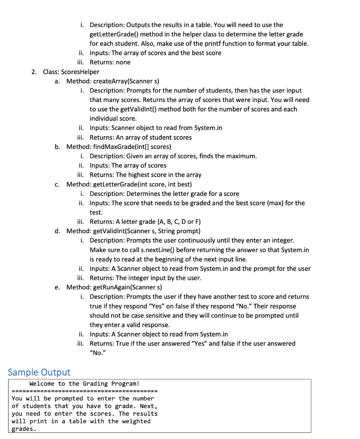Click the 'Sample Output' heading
(39, 372)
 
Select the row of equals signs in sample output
(85, 391)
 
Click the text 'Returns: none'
(110, 62)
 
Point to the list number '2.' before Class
(34, 72)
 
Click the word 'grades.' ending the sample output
(23, 429)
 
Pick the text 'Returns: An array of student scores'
(141, 137)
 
